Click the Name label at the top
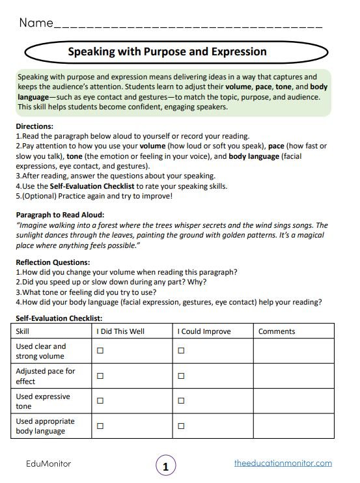35,23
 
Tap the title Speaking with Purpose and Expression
167,51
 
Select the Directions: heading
35,126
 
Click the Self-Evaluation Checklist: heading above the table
59,318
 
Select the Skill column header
22,331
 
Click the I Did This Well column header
120,331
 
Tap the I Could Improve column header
204,331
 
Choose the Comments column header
277,331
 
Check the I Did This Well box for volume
100,351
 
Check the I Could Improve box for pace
181,376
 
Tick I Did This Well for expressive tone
100,401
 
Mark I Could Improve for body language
181,426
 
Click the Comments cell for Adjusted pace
293,376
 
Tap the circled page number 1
166,466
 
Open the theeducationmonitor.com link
283,463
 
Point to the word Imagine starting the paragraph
35,225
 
